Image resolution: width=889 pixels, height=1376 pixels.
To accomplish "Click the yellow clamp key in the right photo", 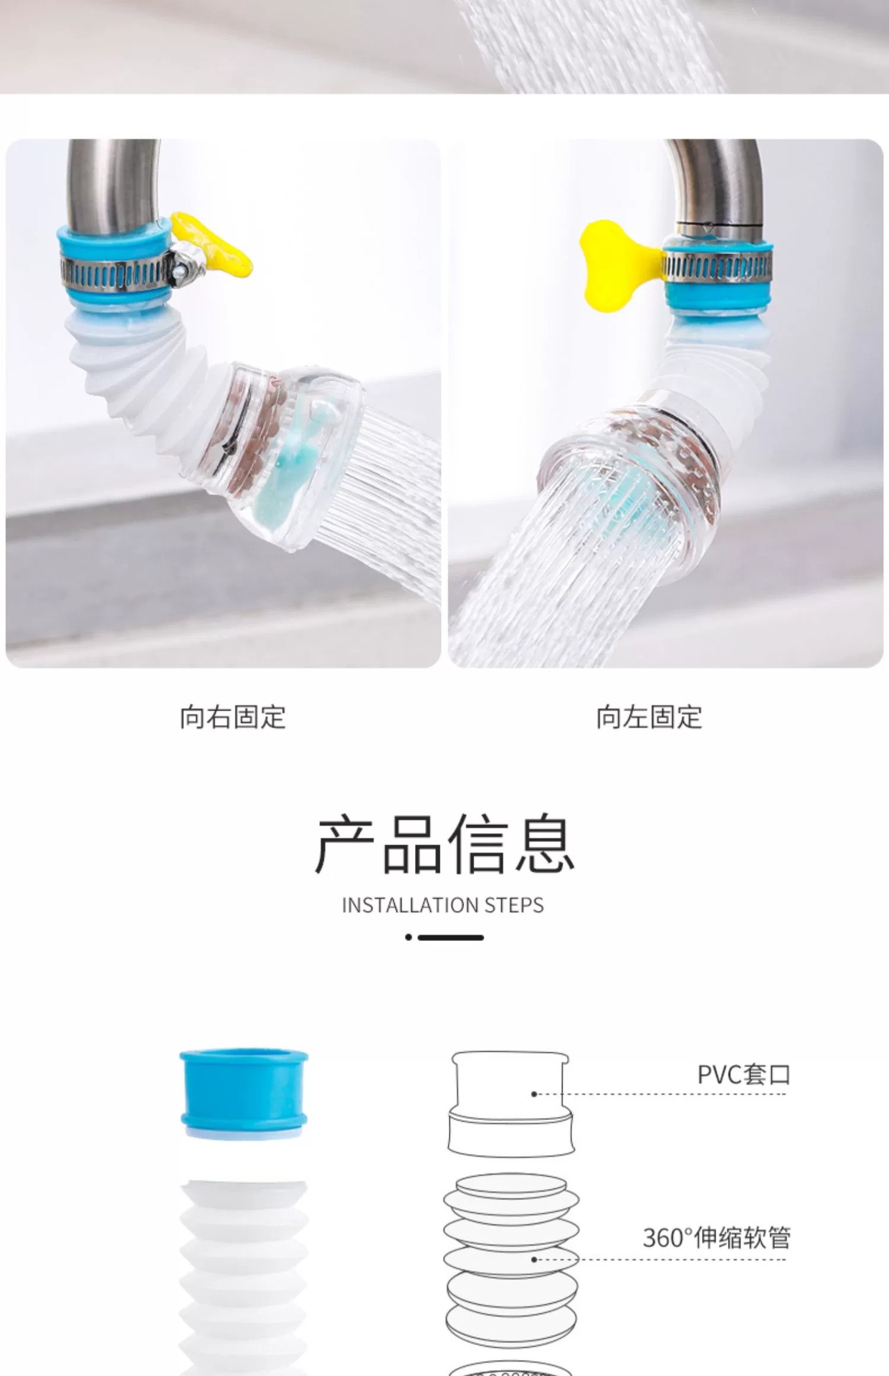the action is (613, 264).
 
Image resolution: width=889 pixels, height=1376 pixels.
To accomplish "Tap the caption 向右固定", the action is (233, 717).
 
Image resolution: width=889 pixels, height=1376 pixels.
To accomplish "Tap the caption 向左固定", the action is (649, 717).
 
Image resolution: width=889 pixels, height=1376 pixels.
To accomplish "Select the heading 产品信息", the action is (444, 844).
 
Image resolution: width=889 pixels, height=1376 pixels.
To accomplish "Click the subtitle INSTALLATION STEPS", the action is (443, 905).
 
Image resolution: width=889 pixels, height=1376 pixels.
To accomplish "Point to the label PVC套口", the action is (743, 1075).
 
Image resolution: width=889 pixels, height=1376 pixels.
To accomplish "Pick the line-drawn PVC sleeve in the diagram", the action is (511, 1104).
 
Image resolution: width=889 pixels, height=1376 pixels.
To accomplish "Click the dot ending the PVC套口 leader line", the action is (534, 1094).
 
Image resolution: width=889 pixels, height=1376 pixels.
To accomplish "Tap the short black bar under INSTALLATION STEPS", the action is (451, 937).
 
